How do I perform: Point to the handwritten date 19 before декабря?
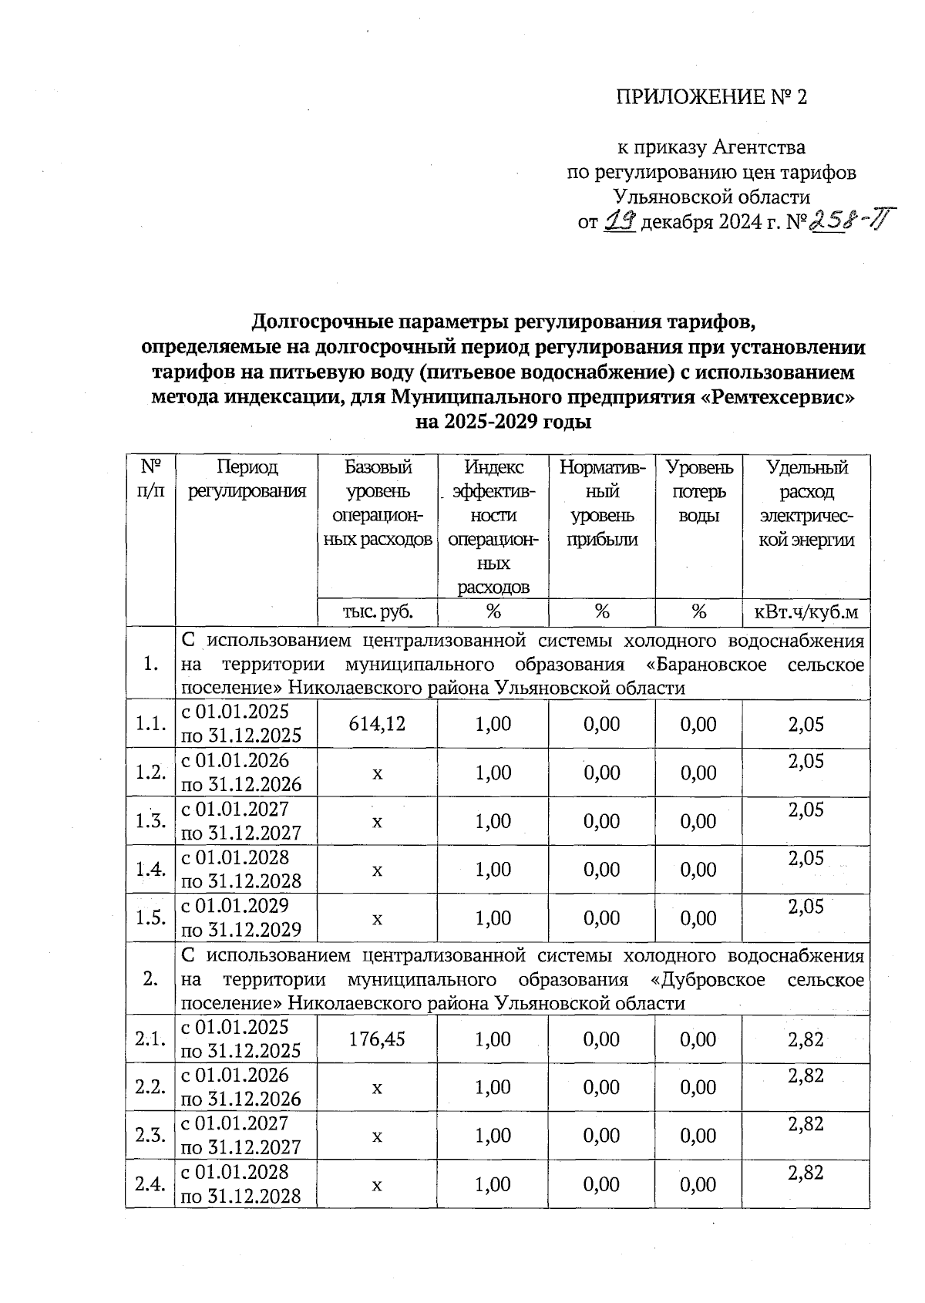click(620, 222)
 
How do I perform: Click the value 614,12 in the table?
click(377, 724)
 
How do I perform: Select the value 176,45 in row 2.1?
click(377, 1039)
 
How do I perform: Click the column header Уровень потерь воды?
click(698, 491)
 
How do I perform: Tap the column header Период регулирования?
click(247, 479)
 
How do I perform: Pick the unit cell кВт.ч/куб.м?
click(806, 612)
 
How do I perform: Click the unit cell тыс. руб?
click(377, 612)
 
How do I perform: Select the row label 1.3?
click(150, 821)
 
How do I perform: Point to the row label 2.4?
click(150, 1184)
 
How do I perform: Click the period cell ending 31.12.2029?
click(240, 917)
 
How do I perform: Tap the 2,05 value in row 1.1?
click(806, 724)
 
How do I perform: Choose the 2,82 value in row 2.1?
click(806, 1039)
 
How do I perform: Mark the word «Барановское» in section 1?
click(708, 665)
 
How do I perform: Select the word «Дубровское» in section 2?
click(708, 979)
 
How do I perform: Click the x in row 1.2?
click(377, 773)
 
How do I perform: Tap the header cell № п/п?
click(151, 479)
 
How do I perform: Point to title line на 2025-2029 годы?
click(503, 423)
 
